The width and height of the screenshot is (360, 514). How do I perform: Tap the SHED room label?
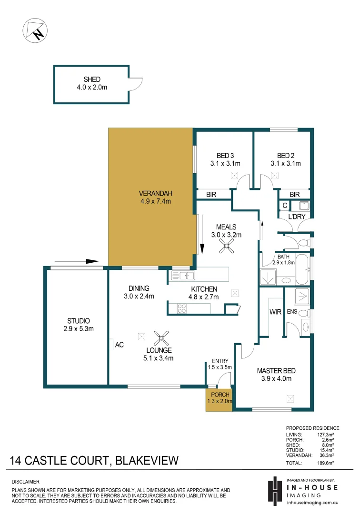click(92, 79)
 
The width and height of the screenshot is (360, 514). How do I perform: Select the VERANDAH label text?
click(155, 193)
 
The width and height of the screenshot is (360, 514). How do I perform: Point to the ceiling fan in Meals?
click(226, 246)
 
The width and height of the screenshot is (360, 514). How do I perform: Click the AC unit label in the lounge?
click(119, 345)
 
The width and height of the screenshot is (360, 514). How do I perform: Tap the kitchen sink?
click(183, 275)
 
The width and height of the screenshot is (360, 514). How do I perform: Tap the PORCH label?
click(220, 395)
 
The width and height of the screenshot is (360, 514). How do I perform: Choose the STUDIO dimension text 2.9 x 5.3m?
click(78, 328)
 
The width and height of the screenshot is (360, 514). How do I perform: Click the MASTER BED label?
click(274, 371)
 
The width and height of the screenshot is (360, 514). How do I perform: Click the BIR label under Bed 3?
click(211, 194)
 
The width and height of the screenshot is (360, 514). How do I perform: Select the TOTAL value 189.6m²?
click(326, 463)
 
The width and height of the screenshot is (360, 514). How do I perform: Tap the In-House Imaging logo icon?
click(274, 490)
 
